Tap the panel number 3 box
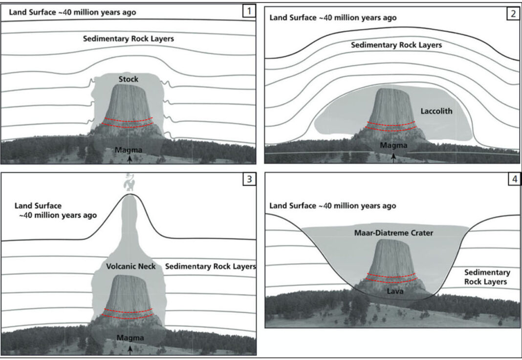pyautogui.click(x=249, y=179)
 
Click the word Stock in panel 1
pyautogui.click(x=129, y=79)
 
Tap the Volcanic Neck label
pyautogui.click(x=130, y=267)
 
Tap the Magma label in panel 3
pyautogui.click(x=130, y=337)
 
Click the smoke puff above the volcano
pyautogui.click(x=130, y=183)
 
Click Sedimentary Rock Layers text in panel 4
pyautogui.click(x=487, y=277)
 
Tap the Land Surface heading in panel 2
pyautogui.click(x=333, y=18)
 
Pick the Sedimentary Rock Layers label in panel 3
pyautogui.click(x=211, y=267)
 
